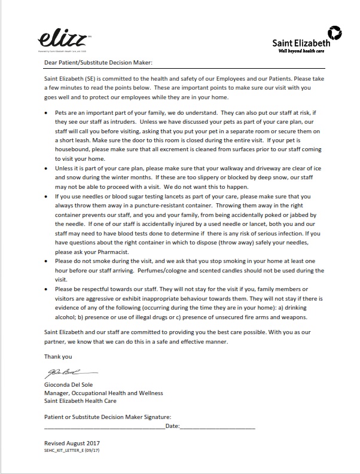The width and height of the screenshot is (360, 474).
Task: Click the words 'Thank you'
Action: tap(58, 356)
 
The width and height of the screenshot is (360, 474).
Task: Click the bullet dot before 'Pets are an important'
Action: tap(47, 112)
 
